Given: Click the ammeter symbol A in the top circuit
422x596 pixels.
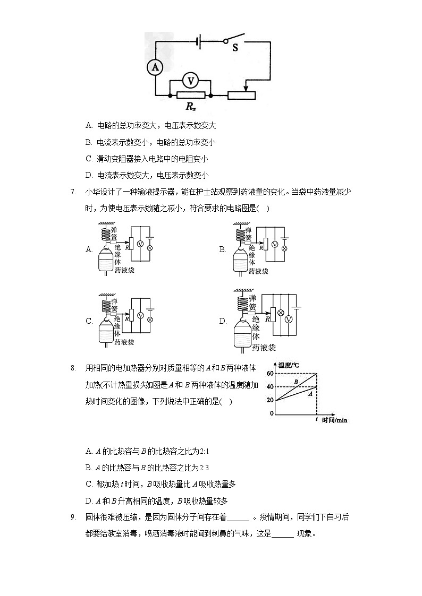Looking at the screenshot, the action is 155,67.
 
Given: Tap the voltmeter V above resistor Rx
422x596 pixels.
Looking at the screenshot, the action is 190,81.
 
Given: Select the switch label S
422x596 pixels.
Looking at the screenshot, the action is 235,48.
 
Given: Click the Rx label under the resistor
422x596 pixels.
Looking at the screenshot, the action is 190,106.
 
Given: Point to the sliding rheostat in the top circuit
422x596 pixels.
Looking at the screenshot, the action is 241,96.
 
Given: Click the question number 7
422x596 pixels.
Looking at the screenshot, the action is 73,192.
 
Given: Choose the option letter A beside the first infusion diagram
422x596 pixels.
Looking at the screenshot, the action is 89,249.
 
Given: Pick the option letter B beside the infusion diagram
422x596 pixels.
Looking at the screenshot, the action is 223,249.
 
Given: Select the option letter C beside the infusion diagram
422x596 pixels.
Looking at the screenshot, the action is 89,321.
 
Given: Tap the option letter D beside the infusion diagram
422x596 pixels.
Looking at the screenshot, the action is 223,321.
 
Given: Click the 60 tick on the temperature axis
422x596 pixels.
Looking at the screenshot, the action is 271,374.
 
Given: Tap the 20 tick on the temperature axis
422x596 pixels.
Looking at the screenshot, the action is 271,400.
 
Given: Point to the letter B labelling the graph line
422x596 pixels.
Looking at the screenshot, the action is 296,382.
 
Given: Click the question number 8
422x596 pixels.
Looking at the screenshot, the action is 73,368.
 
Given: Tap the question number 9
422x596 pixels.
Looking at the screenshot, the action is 73,517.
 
